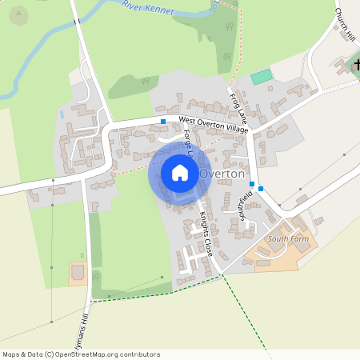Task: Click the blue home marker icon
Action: pyautogui.click(x=180, y=173)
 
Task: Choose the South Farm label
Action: pyautogui.click(x=287, y=238)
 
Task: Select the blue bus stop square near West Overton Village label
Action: pyautogui.click(x=163, y=122)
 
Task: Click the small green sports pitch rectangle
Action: pyautogui.click(x=262, y=77)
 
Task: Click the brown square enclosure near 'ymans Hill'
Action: pyautogui.click(x=78, y=274)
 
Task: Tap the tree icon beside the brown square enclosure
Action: pyautogui.click(x=95, y=277)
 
